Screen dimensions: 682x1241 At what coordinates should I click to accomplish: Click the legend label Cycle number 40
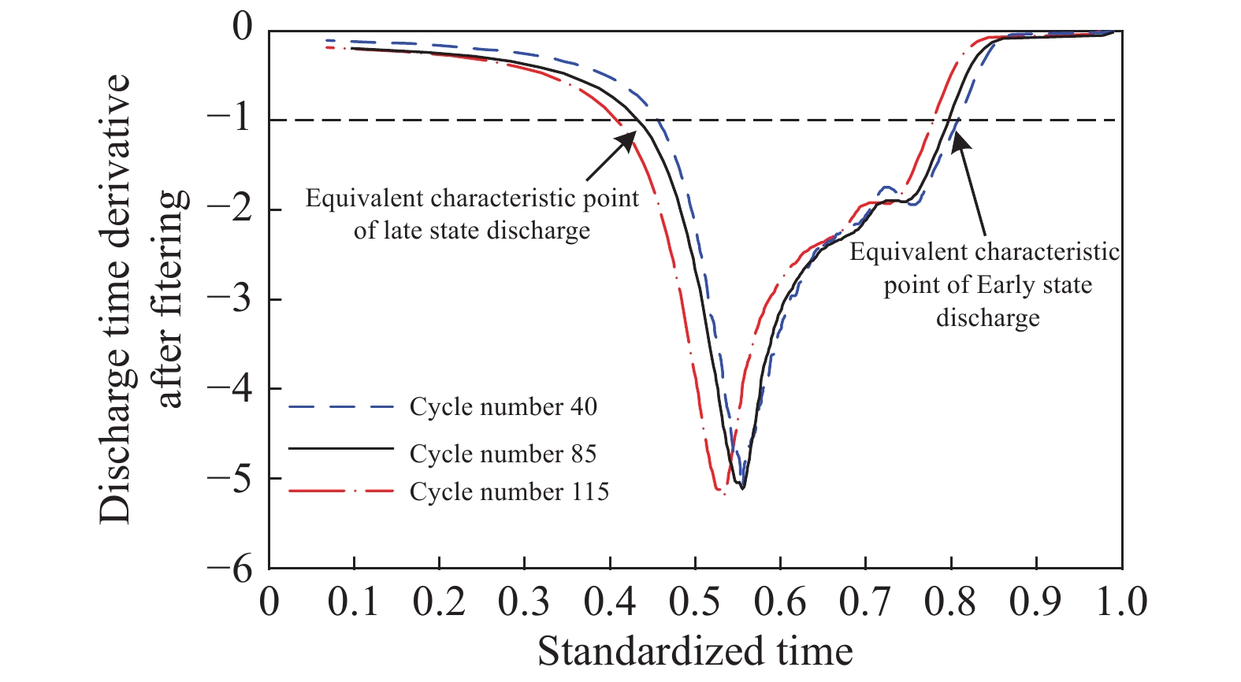click(503, 407)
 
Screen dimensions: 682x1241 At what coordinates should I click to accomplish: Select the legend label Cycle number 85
click(503, 454)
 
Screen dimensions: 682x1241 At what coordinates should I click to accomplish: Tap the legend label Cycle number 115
click(509, 492)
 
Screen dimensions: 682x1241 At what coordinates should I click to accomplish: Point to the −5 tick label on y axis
click(229, 478)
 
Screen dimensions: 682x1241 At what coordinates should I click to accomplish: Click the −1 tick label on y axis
click(229, 120)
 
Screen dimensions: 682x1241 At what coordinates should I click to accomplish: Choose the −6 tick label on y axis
click(229, 569)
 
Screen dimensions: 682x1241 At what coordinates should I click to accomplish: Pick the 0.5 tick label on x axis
click(695, 602)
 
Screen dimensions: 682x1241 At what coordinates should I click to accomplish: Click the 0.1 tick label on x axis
click(354, 602)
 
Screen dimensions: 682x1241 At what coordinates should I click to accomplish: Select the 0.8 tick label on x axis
click(950, 602)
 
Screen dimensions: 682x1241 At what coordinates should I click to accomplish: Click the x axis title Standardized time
click(695, 652)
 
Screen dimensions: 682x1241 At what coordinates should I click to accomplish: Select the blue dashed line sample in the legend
click(340, 407)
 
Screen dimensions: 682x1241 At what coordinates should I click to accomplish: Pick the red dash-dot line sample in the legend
click(340, 492)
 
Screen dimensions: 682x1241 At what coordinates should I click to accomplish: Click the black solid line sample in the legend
click(340, 448)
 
